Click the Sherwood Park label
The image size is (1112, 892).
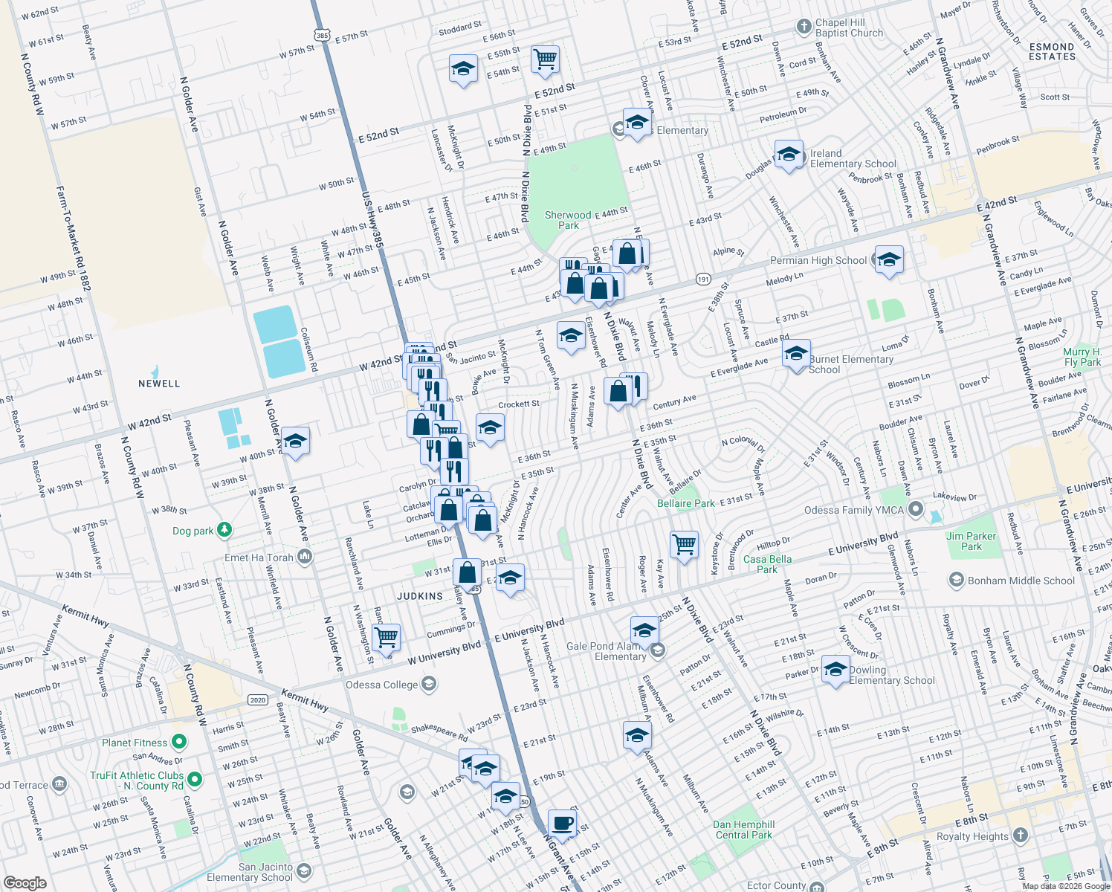[568, 220]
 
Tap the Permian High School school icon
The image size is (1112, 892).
[889, 260]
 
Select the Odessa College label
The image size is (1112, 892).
[381, 685]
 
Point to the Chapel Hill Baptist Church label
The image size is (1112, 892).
[849, 28]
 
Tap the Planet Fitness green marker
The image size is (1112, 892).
[178, 742]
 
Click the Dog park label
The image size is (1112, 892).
[193, 531]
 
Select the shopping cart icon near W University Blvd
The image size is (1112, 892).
[386, 637]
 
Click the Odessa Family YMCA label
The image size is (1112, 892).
[853, 510]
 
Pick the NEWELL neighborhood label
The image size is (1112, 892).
[159, 384]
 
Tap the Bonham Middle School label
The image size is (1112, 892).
[1021, 581]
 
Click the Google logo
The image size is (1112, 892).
[25, 882]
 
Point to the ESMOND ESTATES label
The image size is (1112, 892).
[1052, 51]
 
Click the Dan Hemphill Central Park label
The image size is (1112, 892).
[743, 830]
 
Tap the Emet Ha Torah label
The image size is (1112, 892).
[259, 557]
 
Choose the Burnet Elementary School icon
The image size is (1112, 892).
[795, 354]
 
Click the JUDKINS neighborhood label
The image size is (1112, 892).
[420, 596]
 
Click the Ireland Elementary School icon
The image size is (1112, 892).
[789, 155]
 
